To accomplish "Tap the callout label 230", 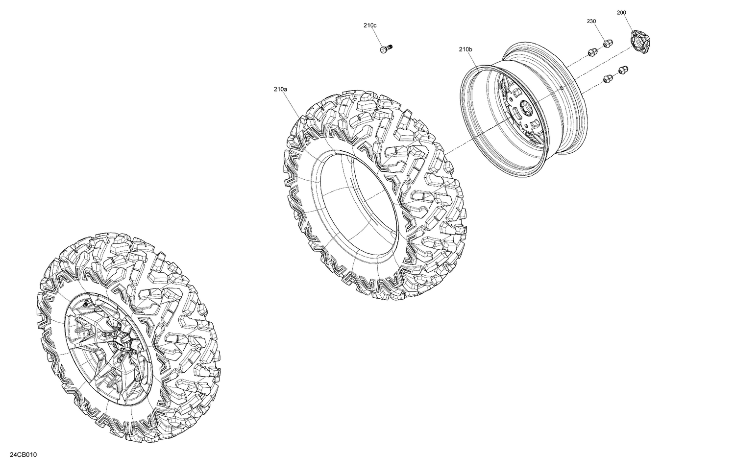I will click(x=591, y=21).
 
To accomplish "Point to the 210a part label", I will click(x=280, y=89).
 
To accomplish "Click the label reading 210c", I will click(x=370, y=25).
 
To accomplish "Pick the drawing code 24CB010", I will click(x=23, y=455).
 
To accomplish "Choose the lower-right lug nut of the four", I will click(x=623, y=70).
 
